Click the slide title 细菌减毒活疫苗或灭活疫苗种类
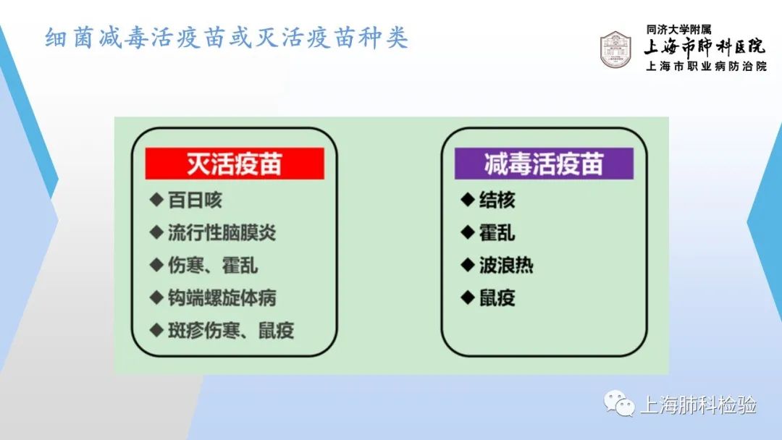(x=227, y=38)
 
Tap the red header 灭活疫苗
(x=235, y=164)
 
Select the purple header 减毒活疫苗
(x=544, y=164)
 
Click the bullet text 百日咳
(x=195, y=200)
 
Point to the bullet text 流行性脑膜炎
(x=222, y=233)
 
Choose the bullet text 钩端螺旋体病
(x=222, y=298)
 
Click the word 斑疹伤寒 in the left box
(x=204, y=331)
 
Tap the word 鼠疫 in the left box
(x=277, y=331)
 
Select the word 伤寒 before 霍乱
(x=186, y=265)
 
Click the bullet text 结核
(x=497, y=200)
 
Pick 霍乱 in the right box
(x=497, y=233)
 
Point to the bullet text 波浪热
(x=506, y=265)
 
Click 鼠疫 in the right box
(x=497, y=298)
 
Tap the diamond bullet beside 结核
(x=468, y=200)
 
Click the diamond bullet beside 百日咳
(x=156, y=200)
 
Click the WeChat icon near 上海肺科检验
(x=619, y=404)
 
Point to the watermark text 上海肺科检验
(x=698, y=405)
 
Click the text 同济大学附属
(x=678, y=30)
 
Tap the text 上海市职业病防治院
(x=706, y=67)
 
